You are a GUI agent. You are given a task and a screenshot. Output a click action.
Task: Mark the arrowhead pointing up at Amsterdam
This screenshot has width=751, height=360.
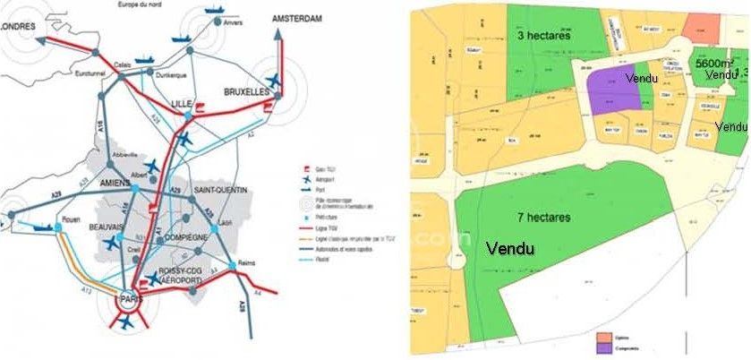pyautogui.click(x=277, y=33)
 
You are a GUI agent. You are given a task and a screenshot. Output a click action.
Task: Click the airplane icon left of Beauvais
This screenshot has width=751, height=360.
pyautogui.click(x=113, y=244)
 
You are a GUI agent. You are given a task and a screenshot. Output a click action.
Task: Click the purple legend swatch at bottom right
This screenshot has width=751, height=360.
pyautogui.click(x=606, y=347)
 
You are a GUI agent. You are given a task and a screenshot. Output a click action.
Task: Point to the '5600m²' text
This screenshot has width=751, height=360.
pyautogui.click(x=714, y=64)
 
